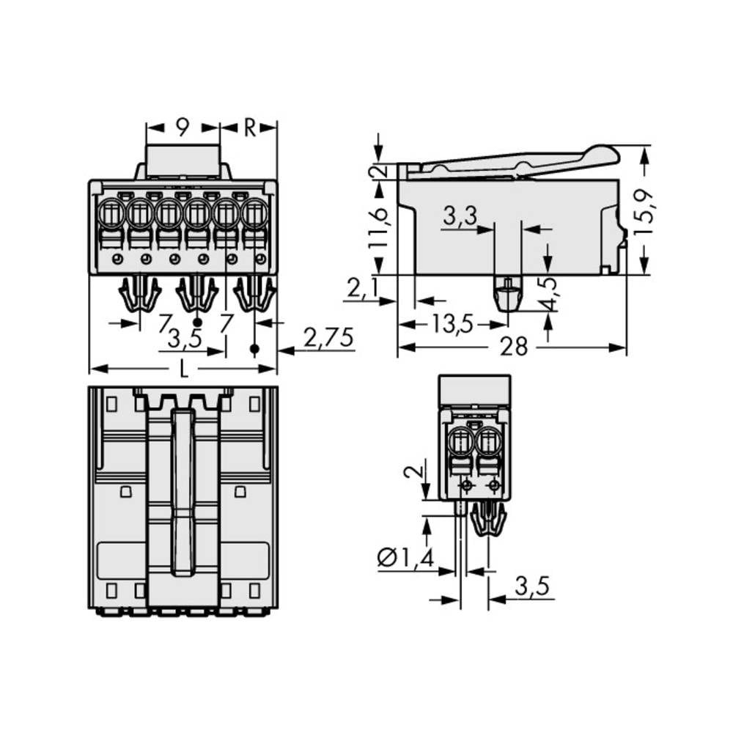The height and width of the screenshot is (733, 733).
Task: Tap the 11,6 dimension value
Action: pyautogui.click(x=379, y=227)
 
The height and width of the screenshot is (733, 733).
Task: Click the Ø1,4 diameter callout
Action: pyautogui.click(x=405, y=559)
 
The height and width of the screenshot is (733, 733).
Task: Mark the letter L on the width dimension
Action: pyautogui.click(x=183, y=369)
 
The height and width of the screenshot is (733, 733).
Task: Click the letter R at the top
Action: pyautogui.click(x=249, y=128)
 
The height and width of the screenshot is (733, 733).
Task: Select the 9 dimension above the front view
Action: pyautogui.click(x=183, y=128)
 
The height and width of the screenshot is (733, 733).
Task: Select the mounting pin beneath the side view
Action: pyautogui.click(x=507, y=294)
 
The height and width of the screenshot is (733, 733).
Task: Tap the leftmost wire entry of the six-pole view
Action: pyautogui.click(x=111, y=214)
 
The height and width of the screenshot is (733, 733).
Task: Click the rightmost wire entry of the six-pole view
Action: pyautogui.click(x=254, y=214)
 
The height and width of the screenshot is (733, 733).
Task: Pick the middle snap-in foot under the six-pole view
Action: pyautogui.click(x=197, y=294)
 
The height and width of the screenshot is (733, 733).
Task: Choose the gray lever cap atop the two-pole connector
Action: pyautogui.click(x=474, y=388)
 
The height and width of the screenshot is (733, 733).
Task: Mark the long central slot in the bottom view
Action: pyautogui.click(x=183, y=491)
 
